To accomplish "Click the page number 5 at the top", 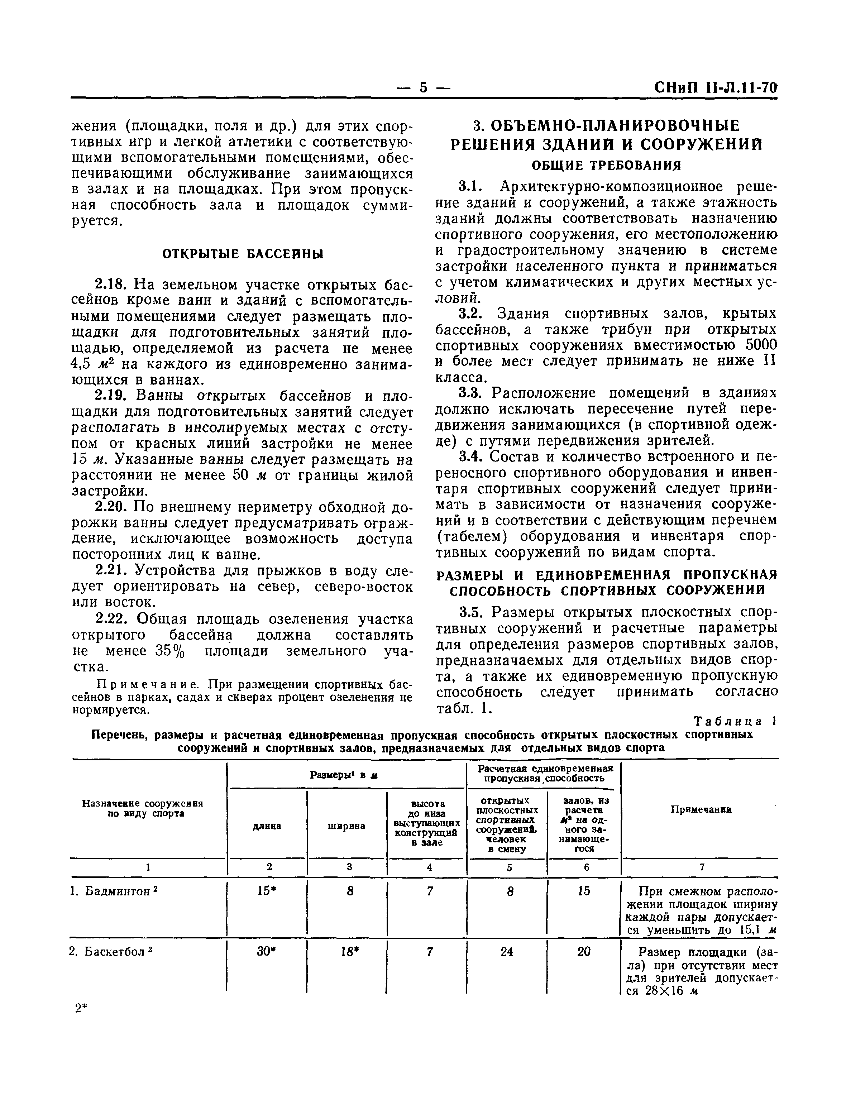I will pyautogui.click(x=423, y=87).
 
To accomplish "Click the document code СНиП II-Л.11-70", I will pyautogui.click(x=716, y=87).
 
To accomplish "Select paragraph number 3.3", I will pyautogui.click(x=472, y=393).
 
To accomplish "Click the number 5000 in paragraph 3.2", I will pyautogui.click(x=761, y=345).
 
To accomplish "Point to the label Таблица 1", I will pyautogui.click(x=735, y=721).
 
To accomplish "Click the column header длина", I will pyautogui.click(x=267, y=826).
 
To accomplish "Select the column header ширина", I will pyautogui.click(x=346, y=826).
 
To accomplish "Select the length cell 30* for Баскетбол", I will pyautogui.click(x=267, y=952).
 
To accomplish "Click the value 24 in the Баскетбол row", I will pyautogui.click(x=507, y=952).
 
